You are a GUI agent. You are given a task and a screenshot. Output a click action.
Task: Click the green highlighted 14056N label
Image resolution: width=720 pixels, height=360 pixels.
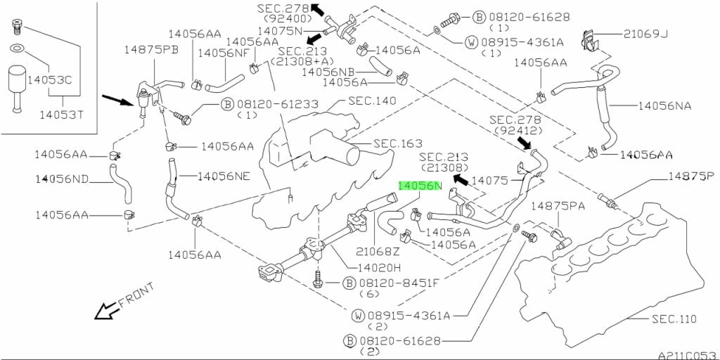point(419,186)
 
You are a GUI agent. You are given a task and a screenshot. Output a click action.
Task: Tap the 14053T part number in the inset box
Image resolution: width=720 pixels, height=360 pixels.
point(60,115)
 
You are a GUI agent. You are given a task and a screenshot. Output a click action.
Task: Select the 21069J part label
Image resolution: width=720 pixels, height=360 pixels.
point(645,33)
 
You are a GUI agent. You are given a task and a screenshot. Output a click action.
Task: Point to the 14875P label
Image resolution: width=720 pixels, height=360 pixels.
point(690,176)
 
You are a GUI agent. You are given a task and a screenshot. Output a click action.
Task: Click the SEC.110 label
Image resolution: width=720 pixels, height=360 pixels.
point(673,320)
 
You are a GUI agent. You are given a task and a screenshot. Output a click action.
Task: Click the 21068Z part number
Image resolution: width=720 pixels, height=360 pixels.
point(378,251)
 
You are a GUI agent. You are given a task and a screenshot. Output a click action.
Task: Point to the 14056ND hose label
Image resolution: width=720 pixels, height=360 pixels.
point(63,179)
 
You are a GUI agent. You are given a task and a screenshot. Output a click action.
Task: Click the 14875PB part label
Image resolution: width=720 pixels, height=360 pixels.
point(151,50)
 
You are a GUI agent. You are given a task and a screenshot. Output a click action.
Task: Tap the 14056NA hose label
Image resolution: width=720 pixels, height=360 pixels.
point(664,106)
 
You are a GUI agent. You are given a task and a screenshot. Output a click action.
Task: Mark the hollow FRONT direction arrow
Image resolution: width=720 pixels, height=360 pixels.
point(105,310)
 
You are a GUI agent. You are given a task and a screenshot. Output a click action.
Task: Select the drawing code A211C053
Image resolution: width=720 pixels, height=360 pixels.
point(686,355)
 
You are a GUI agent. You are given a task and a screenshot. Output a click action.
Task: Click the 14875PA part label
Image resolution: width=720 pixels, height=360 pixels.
point(558,206)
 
